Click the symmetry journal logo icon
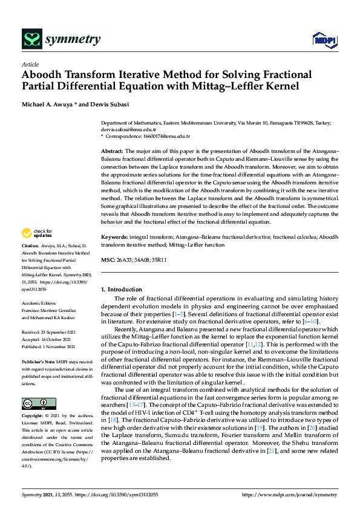click(31, 39)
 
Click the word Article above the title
click(30, 65)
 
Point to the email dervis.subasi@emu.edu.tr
click(128, 129)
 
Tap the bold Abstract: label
click(112, 151)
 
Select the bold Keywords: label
click(114, 238)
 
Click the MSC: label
click(108, 260)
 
